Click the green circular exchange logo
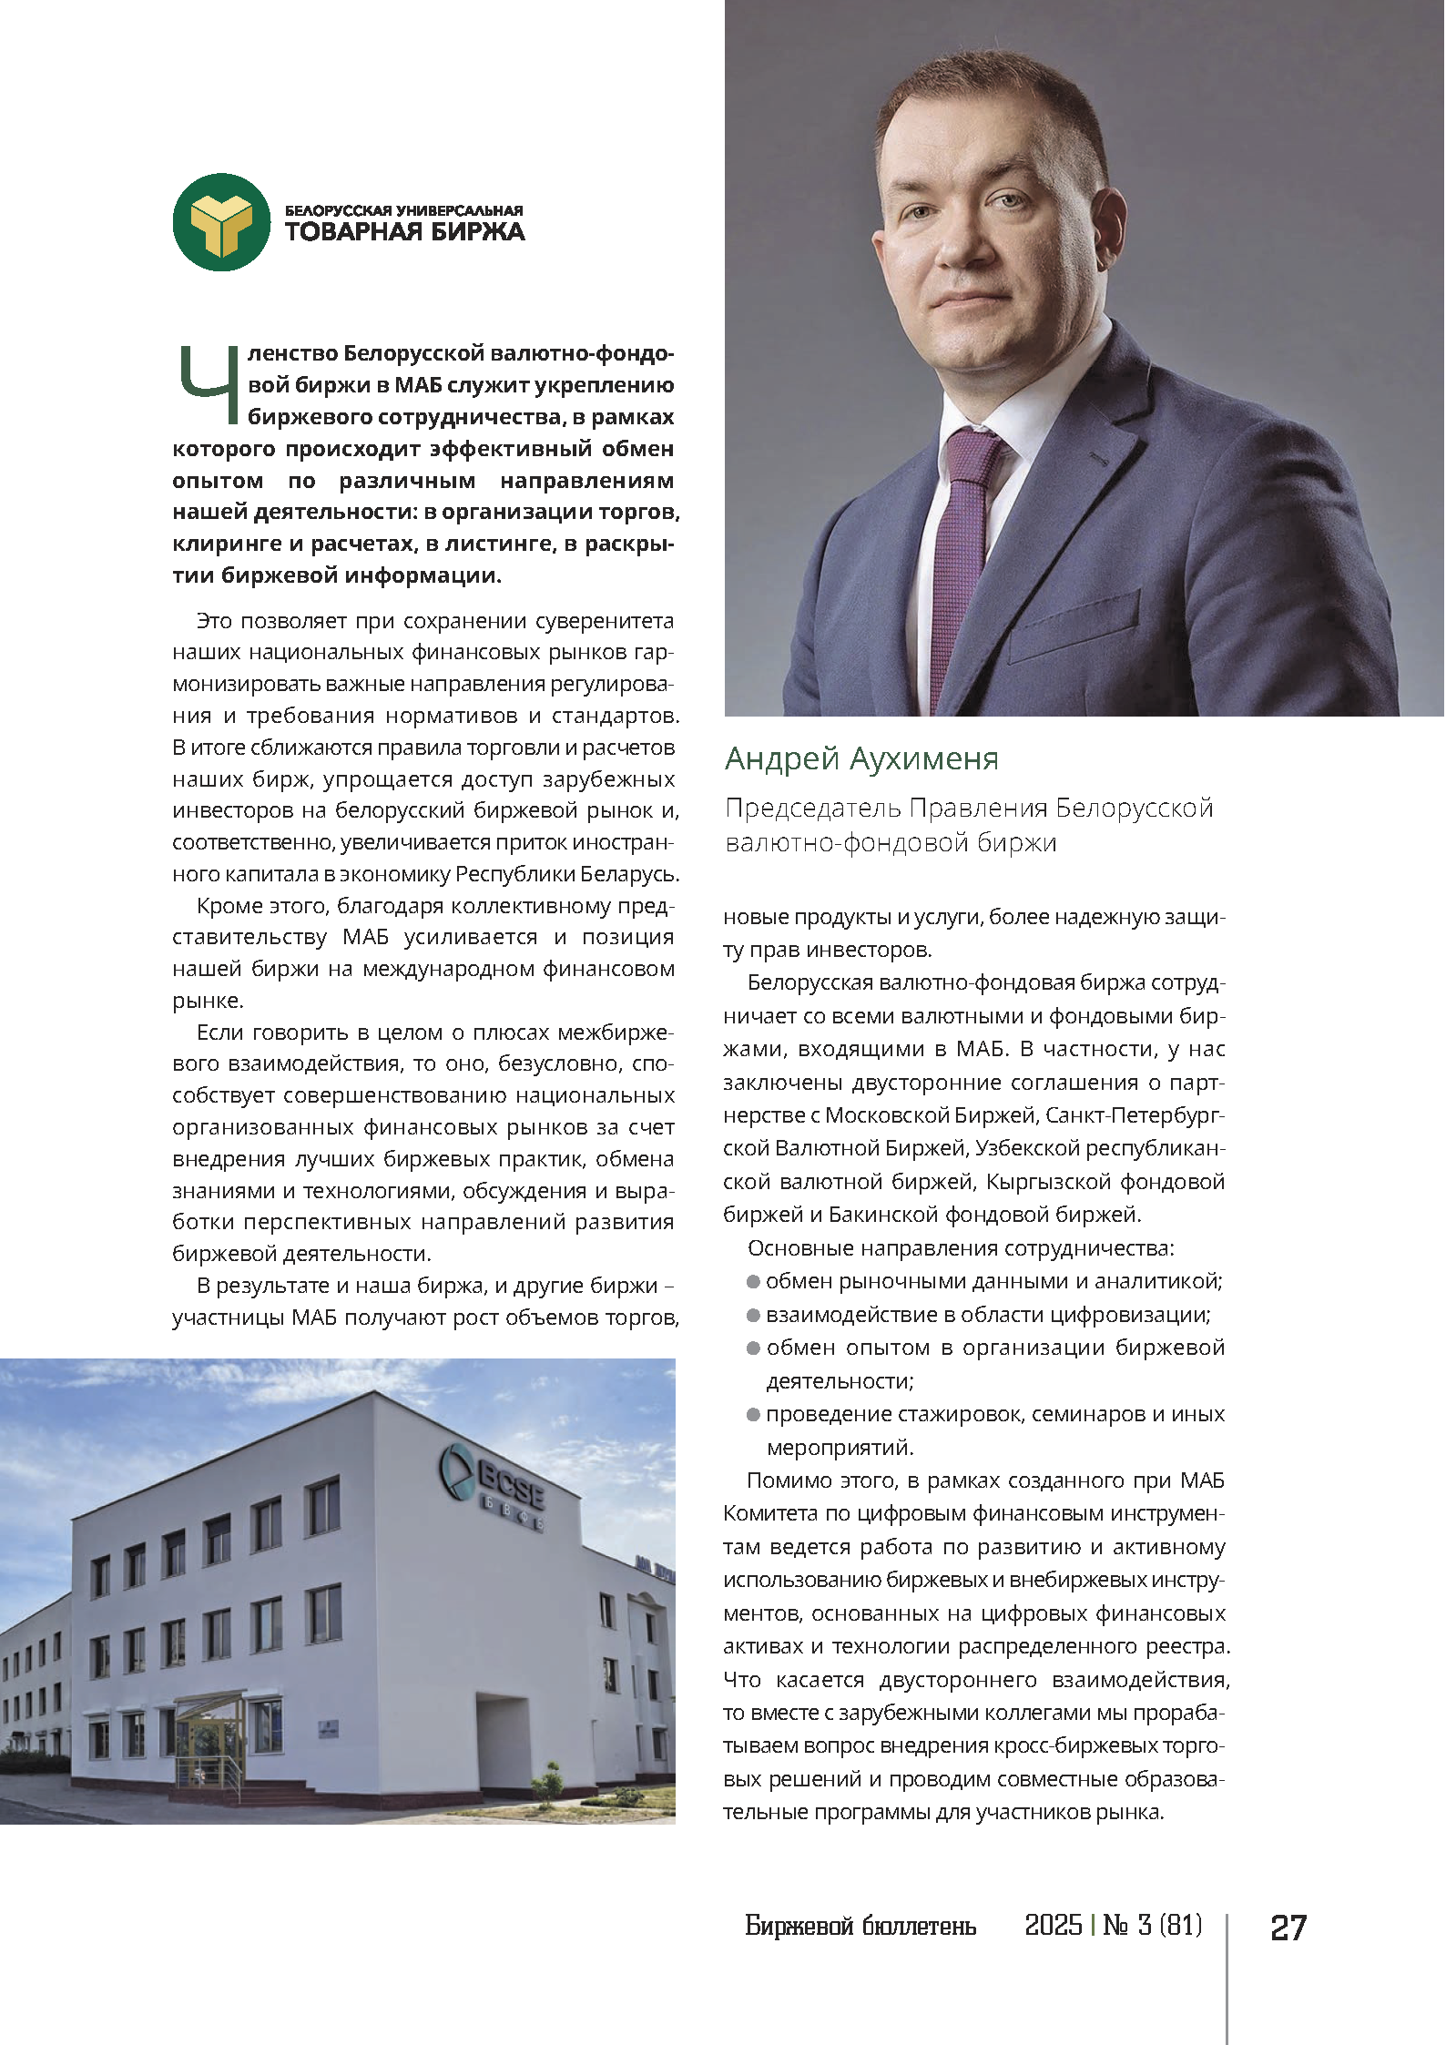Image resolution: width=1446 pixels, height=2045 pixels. pyautogui.click(x=221, y=222)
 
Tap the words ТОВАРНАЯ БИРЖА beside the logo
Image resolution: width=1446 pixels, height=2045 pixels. pyautogui.click(x=404, y=232)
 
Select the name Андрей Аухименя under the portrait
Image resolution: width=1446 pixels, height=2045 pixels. pyautogui.click(x=861, y=758)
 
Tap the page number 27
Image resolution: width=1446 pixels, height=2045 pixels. pyautogui.click(x=1288, y=1928)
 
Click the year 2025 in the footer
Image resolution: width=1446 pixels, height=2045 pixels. pyautogui.click(x=1053, y=1926)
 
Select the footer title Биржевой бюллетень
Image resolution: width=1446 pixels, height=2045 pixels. pyautogui.click(x=860, y=1927)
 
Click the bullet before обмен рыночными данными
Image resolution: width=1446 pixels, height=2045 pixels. pyautogui.click(x=753, y=1282)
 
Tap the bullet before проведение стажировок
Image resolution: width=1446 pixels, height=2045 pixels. pyautogui.click(x=753, y=1415)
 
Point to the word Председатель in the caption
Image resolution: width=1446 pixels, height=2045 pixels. pyautogui.click(x=813, y=809)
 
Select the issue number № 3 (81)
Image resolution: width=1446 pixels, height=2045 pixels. pyautogui.click(x=1152, y=1926)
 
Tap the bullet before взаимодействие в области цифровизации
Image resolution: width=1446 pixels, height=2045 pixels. pyautogui.click(x=753, y=1316)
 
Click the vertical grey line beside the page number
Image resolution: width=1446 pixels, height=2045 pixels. pyautogui.click(x=1227, y=1976)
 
